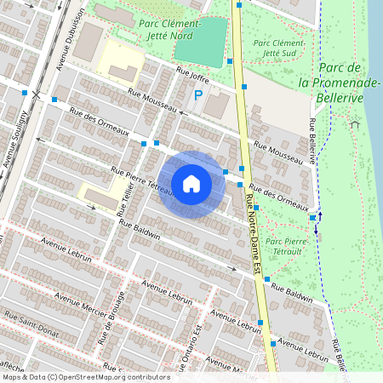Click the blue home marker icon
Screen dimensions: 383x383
tap(191, 184)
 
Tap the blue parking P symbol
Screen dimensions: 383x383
tap(198, 95)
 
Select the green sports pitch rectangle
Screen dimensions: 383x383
tap(201, 43)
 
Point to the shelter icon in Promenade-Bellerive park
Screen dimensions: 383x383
tap(355, 124)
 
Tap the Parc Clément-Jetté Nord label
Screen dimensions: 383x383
tap(169, 29)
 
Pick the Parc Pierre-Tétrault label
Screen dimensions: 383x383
tap(287, 247)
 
